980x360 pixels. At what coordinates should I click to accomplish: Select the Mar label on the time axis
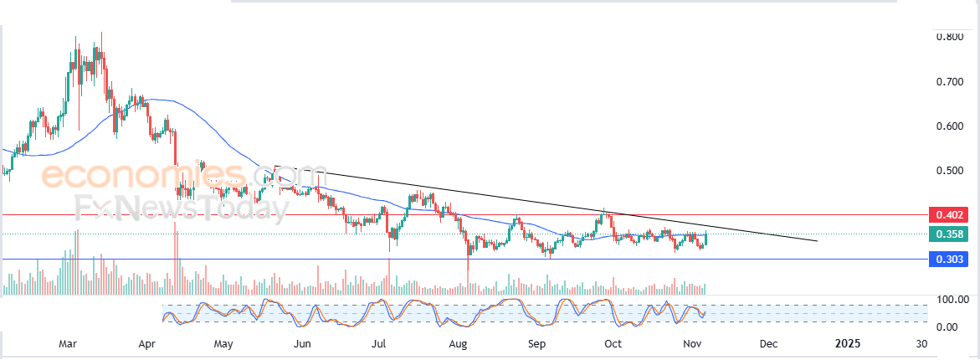pos(70,344)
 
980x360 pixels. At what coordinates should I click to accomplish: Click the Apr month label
pos(147,344)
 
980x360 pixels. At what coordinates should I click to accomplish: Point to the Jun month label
pos(303,344)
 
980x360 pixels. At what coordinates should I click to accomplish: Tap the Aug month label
pos(457,344)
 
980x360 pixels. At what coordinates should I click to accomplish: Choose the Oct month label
pos(613,344)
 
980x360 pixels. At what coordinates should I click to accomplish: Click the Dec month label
pos(768,344)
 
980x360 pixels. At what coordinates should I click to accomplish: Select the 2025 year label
pos(848,344)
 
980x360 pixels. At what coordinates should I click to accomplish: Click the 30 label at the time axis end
pos(921,344)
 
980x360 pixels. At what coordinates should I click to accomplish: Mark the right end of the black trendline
pos(816,241)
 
